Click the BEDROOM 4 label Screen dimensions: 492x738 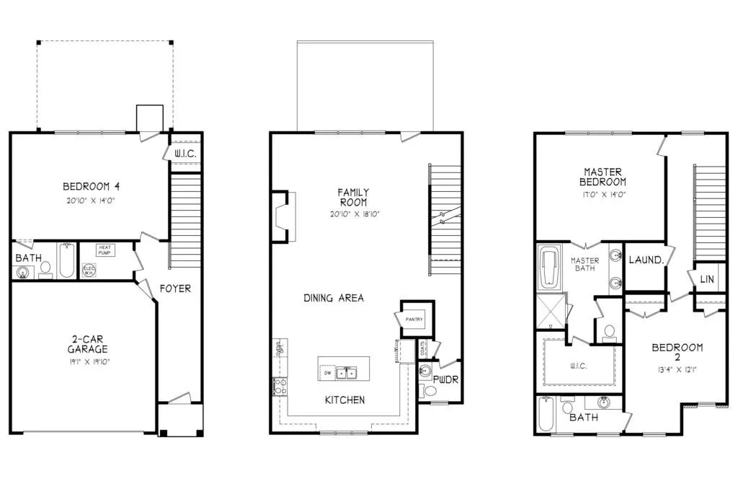click(x=91, y=188)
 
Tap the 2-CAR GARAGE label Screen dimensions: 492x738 click(x=83, y=345)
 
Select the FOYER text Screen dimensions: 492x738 click(x=175, y=289)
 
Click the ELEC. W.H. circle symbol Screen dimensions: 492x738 click(x=89, y=271)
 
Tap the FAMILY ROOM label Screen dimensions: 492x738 click(x=353, y=198)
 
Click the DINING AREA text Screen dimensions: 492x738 click(x=333, y=298)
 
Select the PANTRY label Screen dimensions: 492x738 click(x=414, y=319)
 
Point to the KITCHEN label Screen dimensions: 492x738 click(x=344, y=400)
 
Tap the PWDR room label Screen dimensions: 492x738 click(x=445, y=379)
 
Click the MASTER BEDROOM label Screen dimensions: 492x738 click(x=604, y=177)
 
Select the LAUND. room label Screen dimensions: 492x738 click(x=646, y=259)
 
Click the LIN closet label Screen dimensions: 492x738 click(x=707, y=278)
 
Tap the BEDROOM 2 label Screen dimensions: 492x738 click(x=677, y=353)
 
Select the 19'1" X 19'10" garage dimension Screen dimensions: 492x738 click(x=83, y=361)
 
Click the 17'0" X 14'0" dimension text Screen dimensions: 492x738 click(x=604, y=194)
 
